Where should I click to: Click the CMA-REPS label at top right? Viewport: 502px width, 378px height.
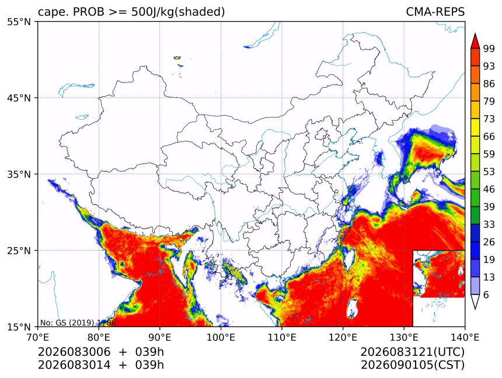tap(435, 12)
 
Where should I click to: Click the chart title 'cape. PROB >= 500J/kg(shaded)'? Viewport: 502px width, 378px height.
tap(131, 12)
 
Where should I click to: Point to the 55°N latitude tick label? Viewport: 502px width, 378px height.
tap(19, 22)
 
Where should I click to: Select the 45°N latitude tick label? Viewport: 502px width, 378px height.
tap(19, 98)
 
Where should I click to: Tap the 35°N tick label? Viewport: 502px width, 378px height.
tap(19, 174)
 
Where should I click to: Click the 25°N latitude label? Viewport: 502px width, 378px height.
tap(19, 251)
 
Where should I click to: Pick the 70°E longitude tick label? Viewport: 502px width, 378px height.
tap(38, 337)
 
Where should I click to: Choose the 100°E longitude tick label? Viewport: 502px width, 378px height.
tap(221, 337)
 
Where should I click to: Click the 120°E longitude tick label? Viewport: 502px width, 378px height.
tap(343, 337)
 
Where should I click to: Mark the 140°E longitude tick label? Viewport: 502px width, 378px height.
tap(465, 337)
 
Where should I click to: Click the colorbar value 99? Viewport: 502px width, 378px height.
tap(489, 48)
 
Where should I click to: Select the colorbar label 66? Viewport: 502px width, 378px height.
tap(489, 137)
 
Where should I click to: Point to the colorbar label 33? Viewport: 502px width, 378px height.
tap(489, 224)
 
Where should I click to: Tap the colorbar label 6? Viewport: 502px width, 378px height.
tap(486, 294)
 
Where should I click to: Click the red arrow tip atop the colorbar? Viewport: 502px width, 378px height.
tap(475, 34)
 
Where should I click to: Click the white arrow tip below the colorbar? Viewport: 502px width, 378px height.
tap(475, 309)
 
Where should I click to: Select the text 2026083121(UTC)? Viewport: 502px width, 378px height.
tap(412, 352)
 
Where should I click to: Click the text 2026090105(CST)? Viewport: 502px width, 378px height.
tap(412, 365)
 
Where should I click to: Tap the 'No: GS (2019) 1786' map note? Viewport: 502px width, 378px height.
tap(78, 322)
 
